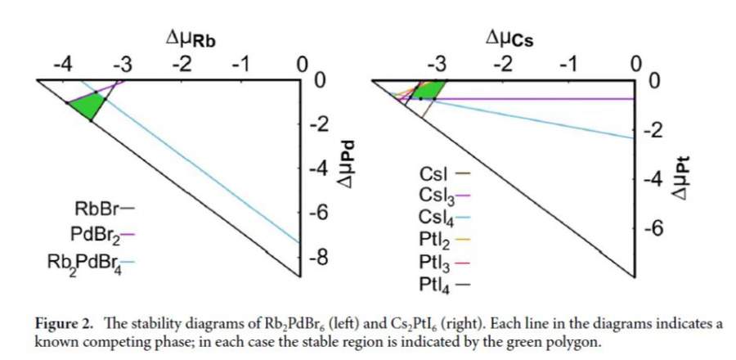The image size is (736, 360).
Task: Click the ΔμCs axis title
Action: pos(509,38)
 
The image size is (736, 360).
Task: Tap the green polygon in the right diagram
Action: pos(433,88)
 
